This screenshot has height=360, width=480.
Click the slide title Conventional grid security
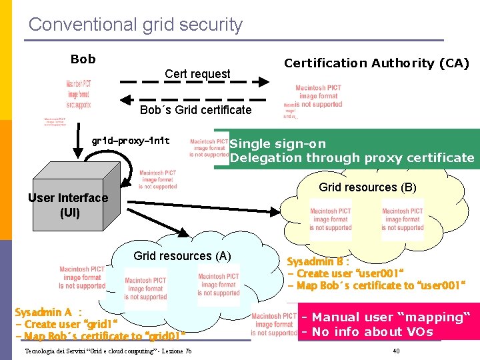(x=135, y=25)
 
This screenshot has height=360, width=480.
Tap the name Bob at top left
(x=83, y=59)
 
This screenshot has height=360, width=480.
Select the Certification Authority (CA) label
(x=377, y=63)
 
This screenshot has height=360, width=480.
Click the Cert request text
(x=197, y=74)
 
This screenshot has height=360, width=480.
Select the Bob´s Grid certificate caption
(x=195, y=110)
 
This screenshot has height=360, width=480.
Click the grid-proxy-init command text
(x=131, y=141)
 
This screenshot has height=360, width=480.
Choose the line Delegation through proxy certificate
(x=352, y=158)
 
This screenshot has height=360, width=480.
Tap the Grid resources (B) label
(x=367, y=187)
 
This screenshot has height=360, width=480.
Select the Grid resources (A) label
(x=182, y=255)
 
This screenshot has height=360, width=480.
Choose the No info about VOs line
(x=367, y=332)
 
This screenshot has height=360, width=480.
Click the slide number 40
(x=396, y=351)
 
